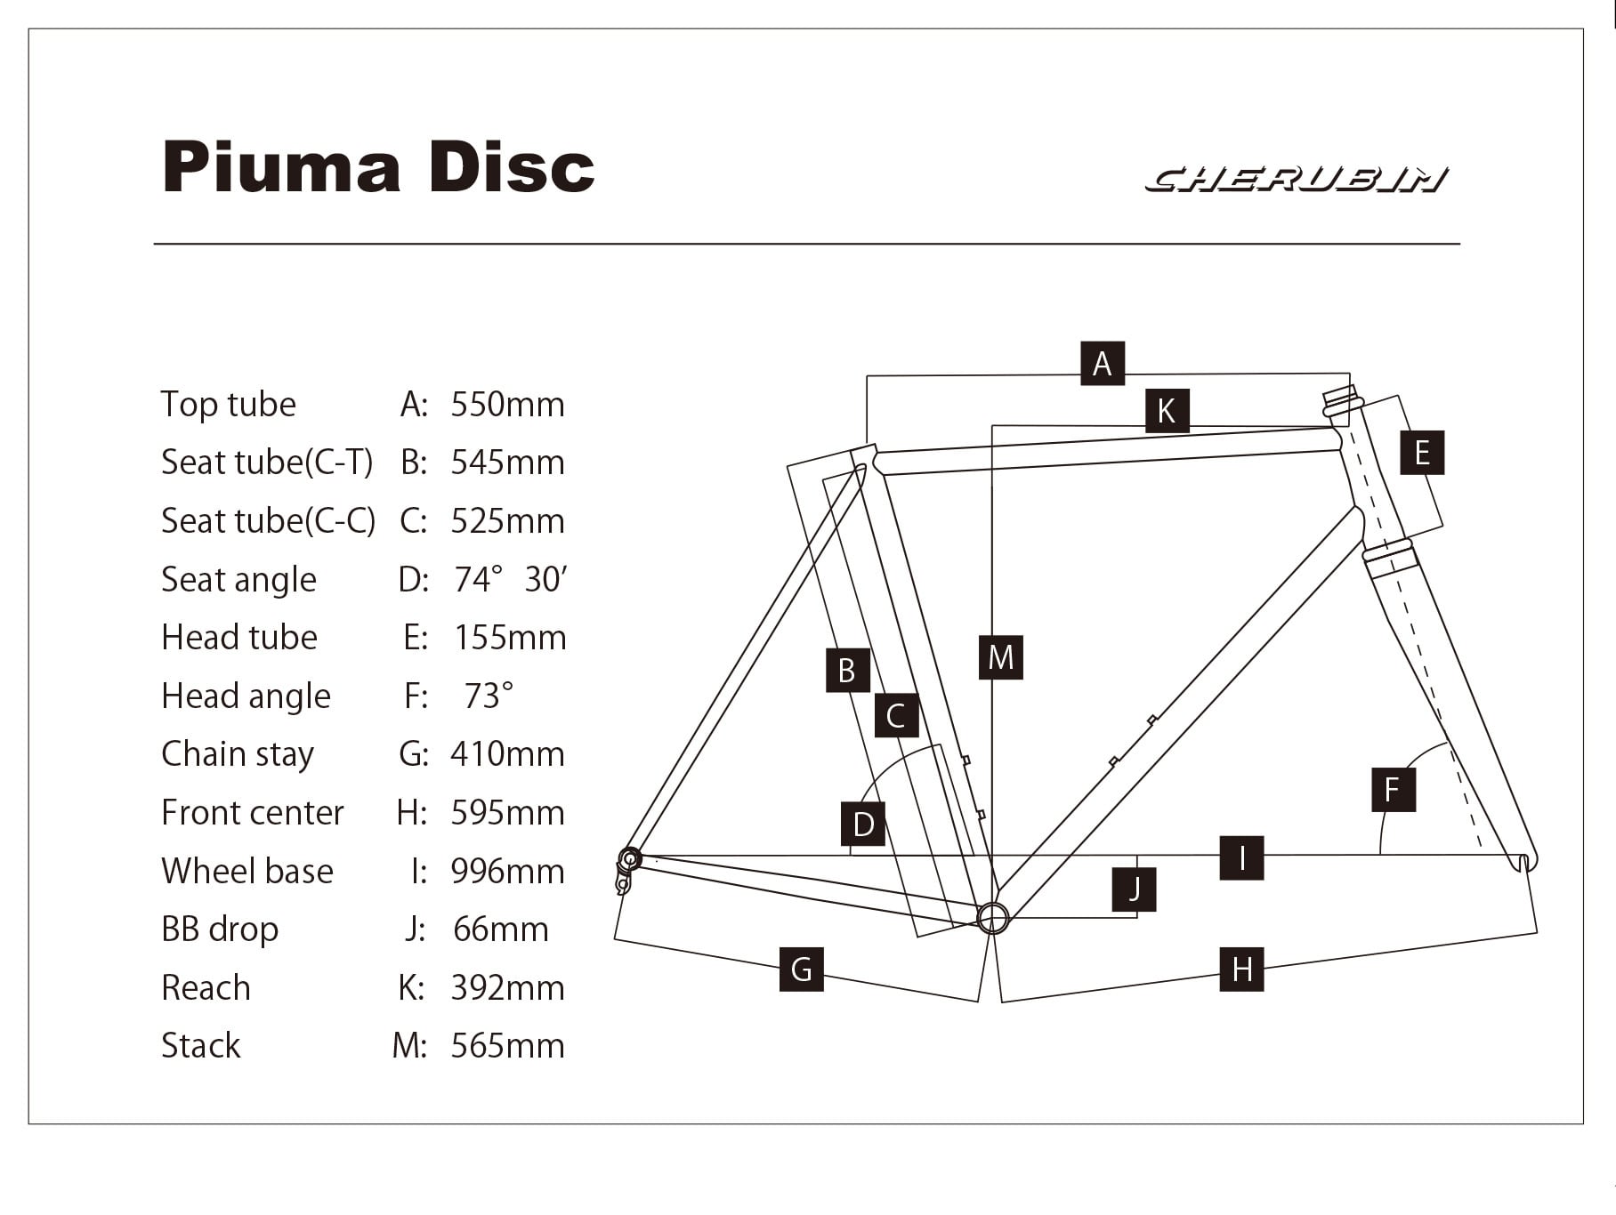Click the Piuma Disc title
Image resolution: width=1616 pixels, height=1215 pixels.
pos(378,166)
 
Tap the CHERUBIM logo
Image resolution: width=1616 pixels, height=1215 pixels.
pos(1296,180)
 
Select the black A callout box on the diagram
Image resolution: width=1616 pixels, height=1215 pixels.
pos(1103,364)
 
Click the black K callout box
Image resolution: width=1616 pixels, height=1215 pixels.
pos(1167,411)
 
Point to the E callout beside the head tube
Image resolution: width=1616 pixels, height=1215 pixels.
pos(1421,453)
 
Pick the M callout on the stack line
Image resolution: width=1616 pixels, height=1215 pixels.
pos(1000,657)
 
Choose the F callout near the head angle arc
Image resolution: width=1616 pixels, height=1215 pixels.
pos(1393,789)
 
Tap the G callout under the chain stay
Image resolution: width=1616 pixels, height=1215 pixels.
pos(801,969)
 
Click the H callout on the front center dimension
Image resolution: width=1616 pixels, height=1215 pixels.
pos(1241,969)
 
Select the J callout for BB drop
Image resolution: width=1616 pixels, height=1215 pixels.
pos(1134,889)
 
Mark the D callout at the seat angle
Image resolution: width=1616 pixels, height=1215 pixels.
pos(863,824)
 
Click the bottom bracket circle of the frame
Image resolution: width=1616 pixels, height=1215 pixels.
pos(993,917)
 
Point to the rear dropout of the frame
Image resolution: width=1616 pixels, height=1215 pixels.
pos(629,860)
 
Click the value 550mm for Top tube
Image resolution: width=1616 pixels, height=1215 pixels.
pos(507,405)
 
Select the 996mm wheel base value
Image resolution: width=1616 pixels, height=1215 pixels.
pos(507,872)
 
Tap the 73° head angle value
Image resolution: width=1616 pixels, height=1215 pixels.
pos(489,696)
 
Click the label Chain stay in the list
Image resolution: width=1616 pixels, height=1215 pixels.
pos(238,754)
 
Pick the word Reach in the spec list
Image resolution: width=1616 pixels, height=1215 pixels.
pos(206,988)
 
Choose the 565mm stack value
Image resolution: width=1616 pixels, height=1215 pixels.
pos(507,1046)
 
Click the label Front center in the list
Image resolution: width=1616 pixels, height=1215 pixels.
pos(253,813)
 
